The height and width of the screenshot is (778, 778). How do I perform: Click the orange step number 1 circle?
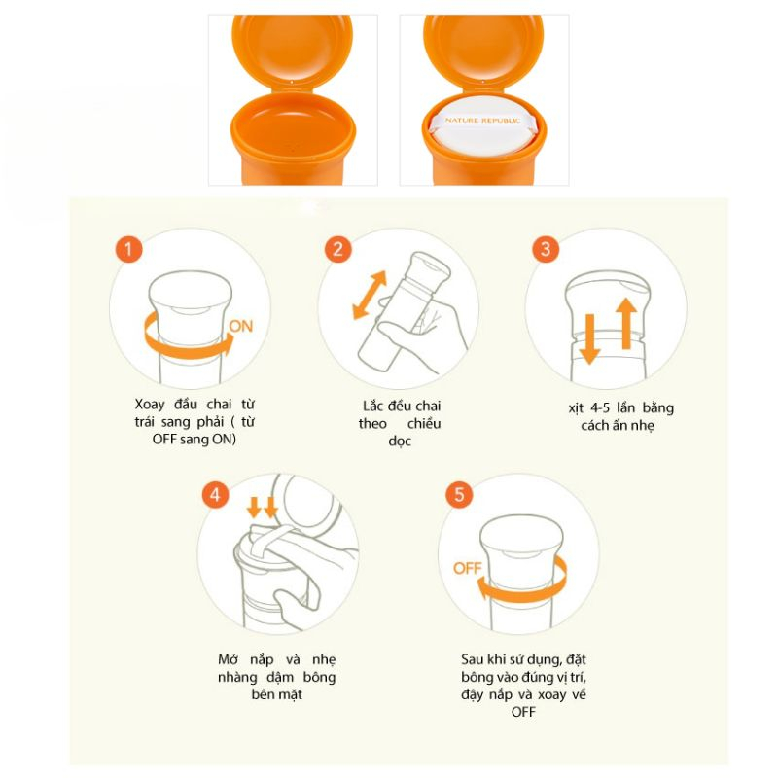tap(129, 249)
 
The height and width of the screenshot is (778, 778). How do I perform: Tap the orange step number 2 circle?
tap(337, 249)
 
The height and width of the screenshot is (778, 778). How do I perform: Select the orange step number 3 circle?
tap(546, 249)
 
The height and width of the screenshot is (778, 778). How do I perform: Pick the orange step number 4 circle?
tap(216, 495)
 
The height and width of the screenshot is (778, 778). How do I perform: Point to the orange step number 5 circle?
tap(459, 495)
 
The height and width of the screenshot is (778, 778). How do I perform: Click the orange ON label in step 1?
tap(241, 326)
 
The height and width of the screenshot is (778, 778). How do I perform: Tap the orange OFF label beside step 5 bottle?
tap(468, 568)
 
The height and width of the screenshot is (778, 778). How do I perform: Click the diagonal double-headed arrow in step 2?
tap(370, 295)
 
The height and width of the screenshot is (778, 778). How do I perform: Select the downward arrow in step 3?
tap(589, 338)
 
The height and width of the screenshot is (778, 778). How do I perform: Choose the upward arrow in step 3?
tap(626, 324)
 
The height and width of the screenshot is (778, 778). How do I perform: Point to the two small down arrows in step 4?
tap(263, 507)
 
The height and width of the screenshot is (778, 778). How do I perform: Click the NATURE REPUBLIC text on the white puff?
tap(482, 120)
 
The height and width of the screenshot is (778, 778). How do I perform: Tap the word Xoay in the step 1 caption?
tap(150, 405)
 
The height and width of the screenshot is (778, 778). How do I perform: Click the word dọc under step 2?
tap(400, 442)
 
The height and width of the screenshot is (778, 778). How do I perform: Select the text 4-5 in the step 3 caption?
tap(600, 407)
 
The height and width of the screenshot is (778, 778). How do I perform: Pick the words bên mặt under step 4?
tap(277, 694)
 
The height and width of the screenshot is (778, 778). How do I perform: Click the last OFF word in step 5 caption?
tap(523, 712)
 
